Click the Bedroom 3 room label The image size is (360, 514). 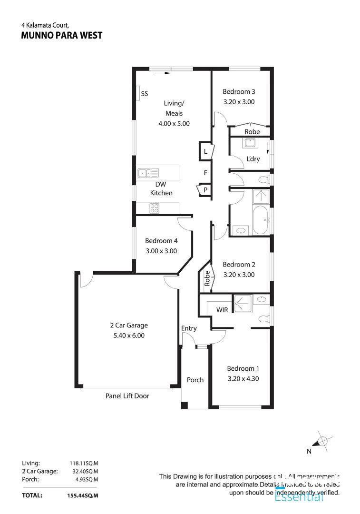point(239,91)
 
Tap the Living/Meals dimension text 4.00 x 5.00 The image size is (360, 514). point(174,123)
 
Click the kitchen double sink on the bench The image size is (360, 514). point(148,173)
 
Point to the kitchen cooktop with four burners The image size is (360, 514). point(154,208)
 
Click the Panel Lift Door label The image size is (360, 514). point(127,396)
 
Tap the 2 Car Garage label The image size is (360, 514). point(129,326)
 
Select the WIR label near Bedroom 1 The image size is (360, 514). point(222,310)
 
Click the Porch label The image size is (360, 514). point(195,380)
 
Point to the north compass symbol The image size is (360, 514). point(322,441)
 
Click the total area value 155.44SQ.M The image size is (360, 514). point(83,495)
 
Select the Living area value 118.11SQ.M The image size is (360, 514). point(84,463)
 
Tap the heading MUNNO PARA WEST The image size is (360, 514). point(62,36)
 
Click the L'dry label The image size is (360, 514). point(253,159)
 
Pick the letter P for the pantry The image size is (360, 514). point(205,190)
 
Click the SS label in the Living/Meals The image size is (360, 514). point(145,94)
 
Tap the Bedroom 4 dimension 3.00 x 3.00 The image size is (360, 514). point(161,251)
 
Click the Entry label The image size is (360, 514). point(189,328)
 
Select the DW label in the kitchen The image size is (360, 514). point(160,185)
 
